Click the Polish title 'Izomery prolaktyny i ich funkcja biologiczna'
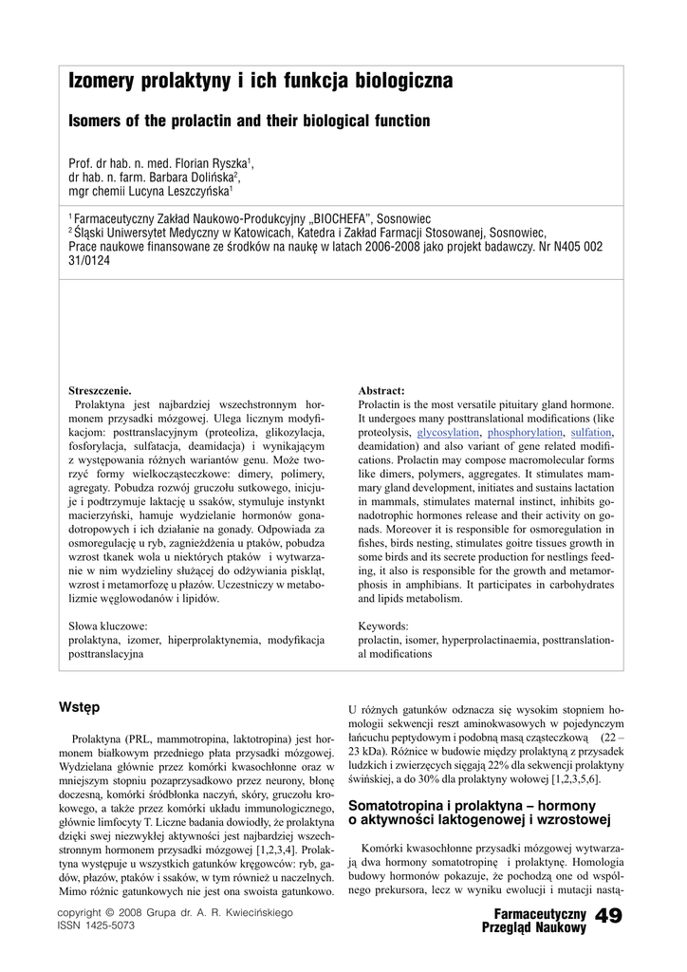point(260,82)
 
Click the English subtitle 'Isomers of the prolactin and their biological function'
point(250,121)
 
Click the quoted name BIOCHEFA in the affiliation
point(331,217)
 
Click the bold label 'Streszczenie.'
point(100,390)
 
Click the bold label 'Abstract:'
point(381,390)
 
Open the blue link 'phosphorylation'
point(525,432)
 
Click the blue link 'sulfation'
point(591,432)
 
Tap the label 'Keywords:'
point(383,626)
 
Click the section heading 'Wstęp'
point(79,707)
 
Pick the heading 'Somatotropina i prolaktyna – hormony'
point(472,805)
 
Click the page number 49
point(607,915)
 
